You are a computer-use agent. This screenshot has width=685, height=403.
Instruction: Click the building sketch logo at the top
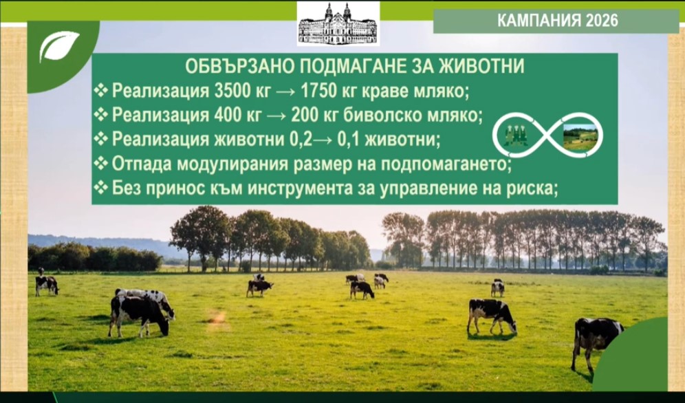tap(338, 23)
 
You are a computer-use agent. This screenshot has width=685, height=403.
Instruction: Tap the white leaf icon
tap(59, 45)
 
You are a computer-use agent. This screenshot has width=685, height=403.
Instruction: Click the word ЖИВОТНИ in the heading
tap(481, 67)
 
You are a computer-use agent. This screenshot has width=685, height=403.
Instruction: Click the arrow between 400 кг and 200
tap(276, 116)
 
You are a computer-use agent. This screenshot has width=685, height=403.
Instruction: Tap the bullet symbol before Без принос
tap(101, 188)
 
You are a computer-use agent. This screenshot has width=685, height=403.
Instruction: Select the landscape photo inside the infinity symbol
tap(580, 137)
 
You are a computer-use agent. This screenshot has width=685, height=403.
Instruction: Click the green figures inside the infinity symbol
tap(516, 135)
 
